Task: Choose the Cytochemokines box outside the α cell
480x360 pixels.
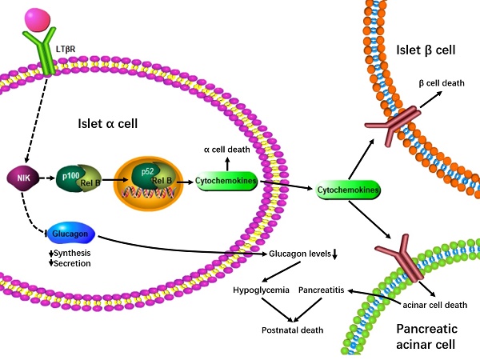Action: [347, 190]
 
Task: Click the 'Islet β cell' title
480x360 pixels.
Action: [426, 50]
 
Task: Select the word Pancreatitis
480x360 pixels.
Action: [321, 290]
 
